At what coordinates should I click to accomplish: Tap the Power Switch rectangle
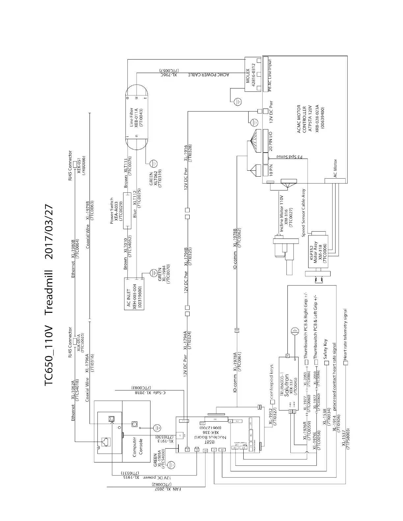[x=127, y=211]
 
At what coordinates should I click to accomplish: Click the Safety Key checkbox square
[x=327, y=363]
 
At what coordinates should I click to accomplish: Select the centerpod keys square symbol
[x=272, y=402]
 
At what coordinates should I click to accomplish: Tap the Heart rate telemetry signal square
[x=345, y=363]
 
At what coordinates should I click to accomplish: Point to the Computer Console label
[x=138, y=446]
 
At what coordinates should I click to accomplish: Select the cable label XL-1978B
[x=235, y=238]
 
